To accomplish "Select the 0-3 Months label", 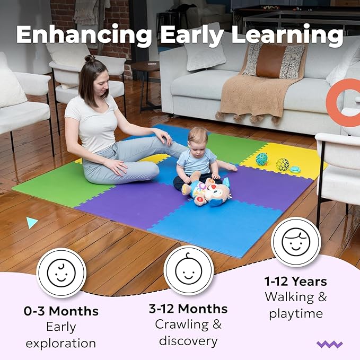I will pyautogui.click(x=61, y=311).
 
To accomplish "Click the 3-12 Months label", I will pyautogui.click(x=189, y=309).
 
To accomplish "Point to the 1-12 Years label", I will pyautogui.click(x=296, y=282).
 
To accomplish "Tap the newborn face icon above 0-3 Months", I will pyautogui.click(x=61, y=273).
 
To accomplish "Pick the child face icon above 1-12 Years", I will pyautogui.click(x=296, y=242).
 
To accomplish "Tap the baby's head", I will pyautogui.click(x=197, y=138).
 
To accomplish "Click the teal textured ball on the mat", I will pyautogui.click(x=262, y=159).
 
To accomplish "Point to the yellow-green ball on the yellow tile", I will pyautogui.click(x=282, y=164).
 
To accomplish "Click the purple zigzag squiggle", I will pyautogui.click(x=329, y=344).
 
